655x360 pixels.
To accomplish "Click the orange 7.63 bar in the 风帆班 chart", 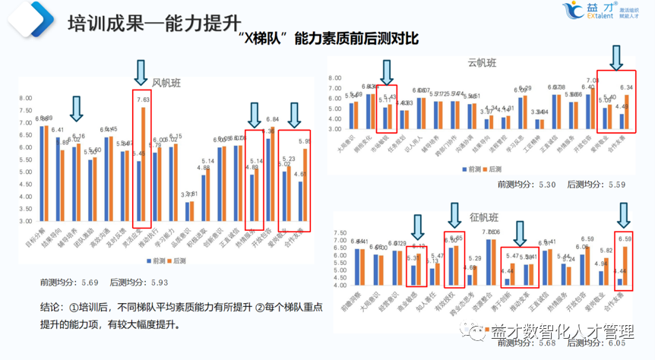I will [143, 164].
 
